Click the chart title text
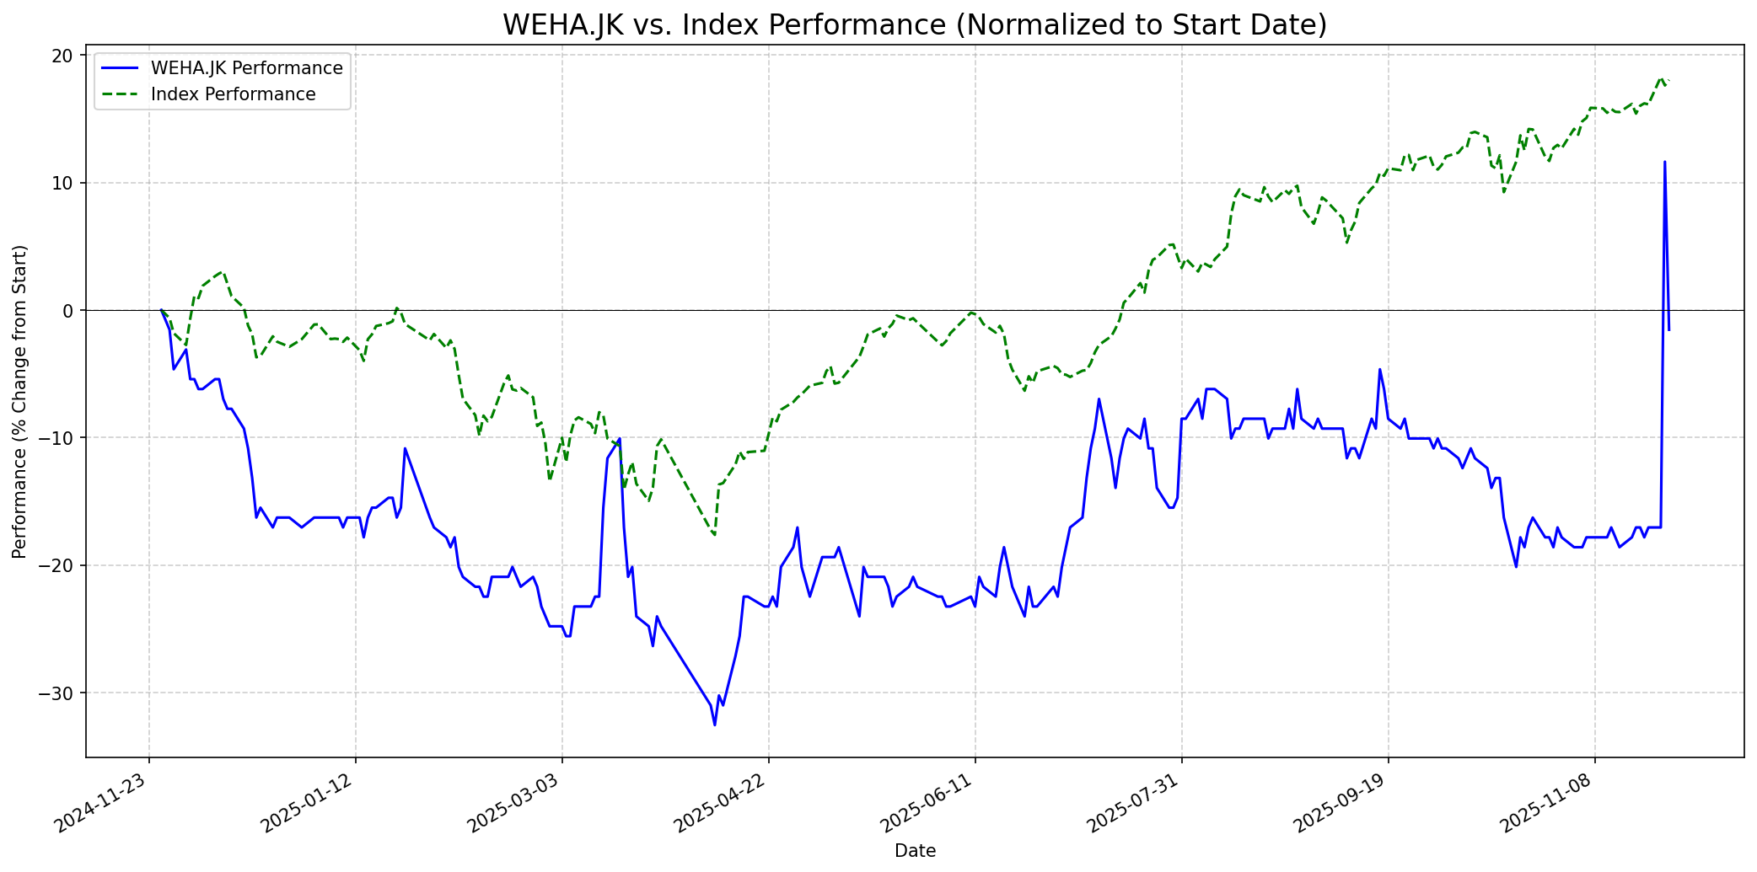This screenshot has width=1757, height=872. coord(915,25)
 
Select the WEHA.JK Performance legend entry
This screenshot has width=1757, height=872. coord(246,68)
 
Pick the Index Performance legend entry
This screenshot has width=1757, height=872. coord(233,94)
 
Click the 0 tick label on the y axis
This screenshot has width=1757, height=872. coord(68,311)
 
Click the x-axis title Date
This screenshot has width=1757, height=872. coord(915,851)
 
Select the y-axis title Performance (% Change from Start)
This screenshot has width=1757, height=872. coord(20,401)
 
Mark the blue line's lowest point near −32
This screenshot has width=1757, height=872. coord(715,725)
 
